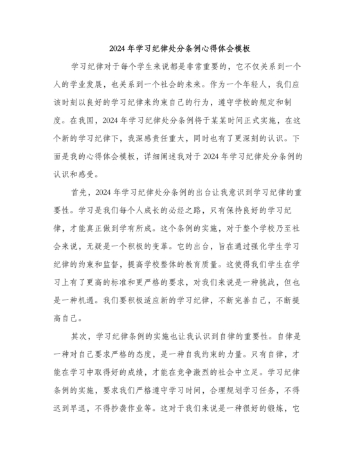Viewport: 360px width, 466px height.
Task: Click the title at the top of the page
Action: [x=179, y=48]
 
